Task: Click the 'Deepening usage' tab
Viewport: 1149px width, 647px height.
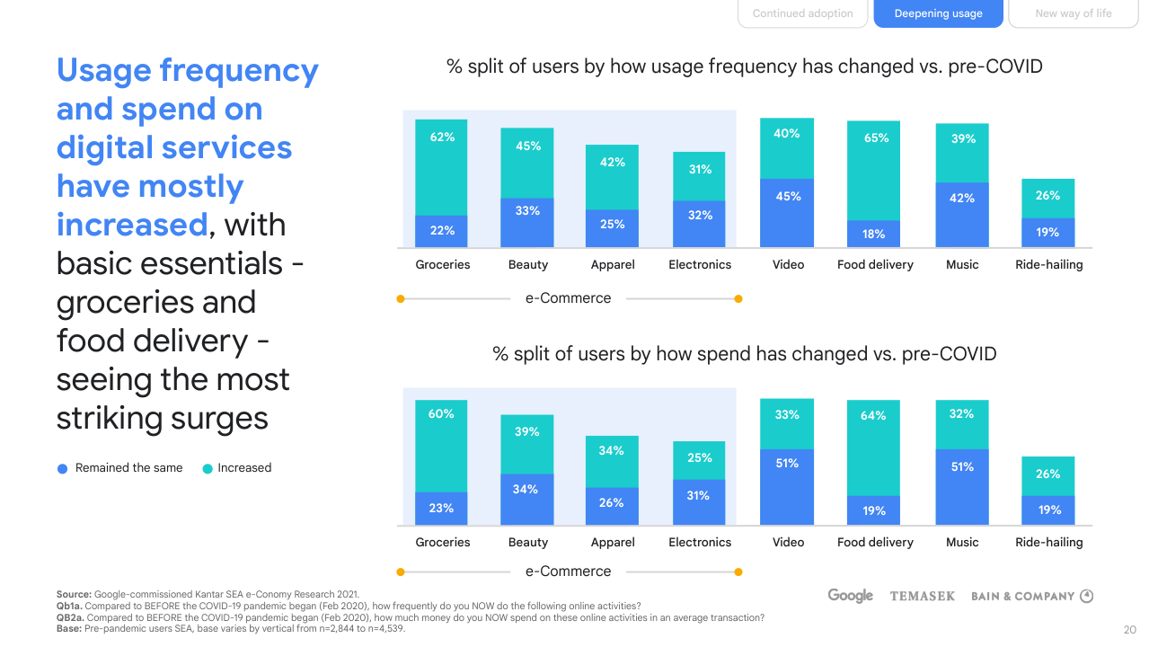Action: click(x=938, y=13)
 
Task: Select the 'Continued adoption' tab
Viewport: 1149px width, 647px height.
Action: click(x=802, y=13)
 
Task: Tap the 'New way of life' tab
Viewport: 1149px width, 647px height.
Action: click(x=1073, y=13)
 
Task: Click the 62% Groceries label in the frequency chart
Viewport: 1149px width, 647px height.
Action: click(x=442, y=137)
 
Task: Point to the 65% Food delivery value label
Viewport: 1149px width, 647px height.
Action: click(x=876, y=138)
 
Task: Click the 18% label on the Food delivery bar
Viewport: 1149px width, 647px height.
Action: click(x=873, y=234)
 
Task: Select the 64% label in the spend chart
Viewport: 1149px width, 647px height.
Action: click(x=873, y=416)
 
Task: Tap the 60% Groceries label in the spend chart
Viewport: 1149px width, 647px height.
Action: click(x=441, y=414)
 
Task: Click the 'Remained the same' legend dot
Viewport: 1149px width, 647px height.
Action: click(x=62, y=468)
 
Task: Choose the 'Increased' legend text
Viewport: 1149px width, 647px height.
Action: click(x=243, y=468)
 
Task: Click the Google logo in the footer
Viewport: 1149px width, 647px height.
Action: click(x=850, y=596)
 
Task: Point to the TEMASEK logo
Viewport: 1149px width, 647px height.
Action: click(x=922, y=597)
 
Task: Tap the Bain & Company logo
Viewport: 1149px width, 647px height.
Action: click(x=1031, y=597)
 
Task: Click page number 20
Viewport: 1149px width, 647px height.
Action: click(x=1130, y=630)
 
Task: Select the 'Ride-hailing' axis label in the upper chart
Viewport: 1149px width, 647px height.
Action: click(x=1048, y=265)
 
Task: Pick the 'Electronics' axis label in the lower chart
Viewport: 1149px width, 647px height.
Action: click(x=700, y=543)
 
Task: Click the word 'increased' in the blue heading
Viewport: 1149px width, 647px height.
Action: click(x=132, y=225)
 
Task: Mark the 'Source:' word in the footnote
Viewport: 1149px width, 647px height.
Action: click(x=74, y=594)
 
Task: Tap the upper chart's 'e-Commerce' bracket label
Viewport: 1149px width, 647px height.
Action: click(x=568, y=298)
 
